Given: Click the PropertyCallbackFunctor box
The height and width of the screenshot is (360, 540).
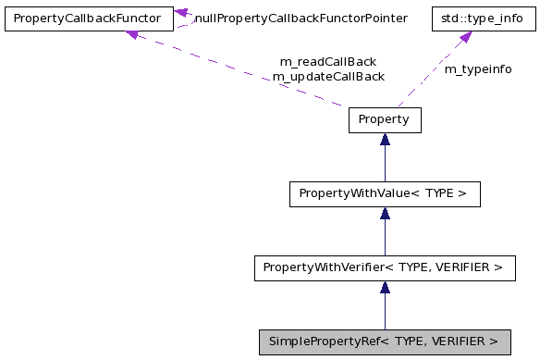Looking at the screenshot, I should click(88, 19).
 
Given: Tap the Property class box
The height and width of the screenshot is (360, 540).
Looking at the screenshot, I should click(384, 120).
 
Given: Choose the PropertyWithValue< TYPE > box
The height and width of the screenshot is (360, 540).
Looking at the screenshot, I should click(384, 194).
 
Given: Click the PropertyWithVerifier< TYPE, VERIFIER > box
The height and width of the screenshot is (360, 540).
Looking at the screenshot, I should click(384, 268).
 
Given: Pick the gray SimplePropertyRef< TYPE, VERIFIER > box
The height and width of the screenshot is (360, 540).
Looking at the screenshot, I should click(384, 341).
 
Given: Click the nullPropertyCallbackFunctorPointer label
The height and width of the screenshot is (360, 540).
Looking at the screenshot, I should click(301, 19).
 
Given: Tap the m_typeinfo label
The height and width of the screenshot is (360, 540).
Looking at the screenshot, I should click(478, 69).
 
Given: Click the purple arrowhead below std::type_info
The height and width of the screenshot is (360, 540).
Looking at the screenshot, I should click(465, 37).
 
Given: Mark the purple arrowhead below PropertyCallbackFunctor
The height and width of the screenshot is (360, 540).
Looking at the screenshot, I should click(132, 35).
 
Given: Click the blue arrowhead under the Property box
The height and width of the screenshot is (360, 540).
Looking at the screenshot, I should click(385, 140).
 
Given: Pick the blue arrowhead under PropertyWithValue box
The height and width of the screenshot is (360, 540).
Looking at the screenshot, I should click(385, 214).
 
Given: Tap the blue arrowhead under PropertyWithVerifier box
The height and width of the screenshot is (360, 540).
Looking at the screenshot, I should click(385, 288).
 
